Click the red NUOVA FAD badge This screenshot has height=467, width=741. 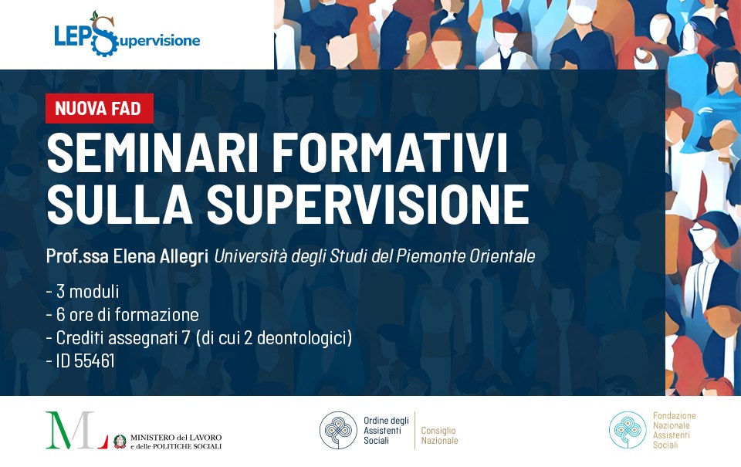pos(99,108)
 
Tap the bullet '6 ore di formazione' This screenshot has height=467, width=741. pos(123,315)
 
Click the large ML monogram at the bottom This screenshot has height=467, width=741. pos(76,431)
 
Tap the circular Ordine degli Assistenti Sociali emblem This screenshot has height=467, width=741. pos(339,430)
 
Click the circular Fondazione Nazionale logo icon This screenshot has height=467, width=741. pos(628,430)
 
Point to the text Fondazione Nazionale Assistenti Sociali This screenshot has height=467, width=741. pos(674,430)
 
